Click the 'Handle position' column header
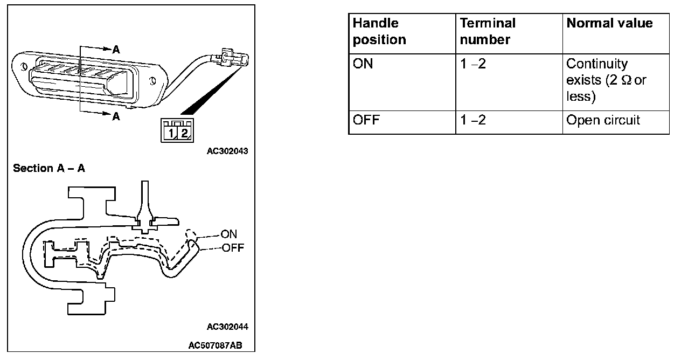379,31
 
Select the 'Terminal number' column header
488,31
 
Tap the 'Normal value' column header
609,23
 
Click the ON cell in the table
363,64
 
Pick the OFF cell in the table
366,120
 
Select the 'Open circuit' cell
603,120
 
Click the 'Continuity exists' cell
606,80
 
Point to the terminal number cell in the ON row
472,64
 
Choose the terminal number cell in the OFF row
472,120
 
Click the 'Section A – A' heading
49,169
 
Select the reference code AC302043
227,151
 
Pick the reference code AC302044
227,327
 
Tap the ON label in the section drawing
229,234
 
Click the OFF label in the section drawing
232,248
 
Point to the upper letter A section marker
116,50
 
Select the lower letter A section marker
116,116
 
